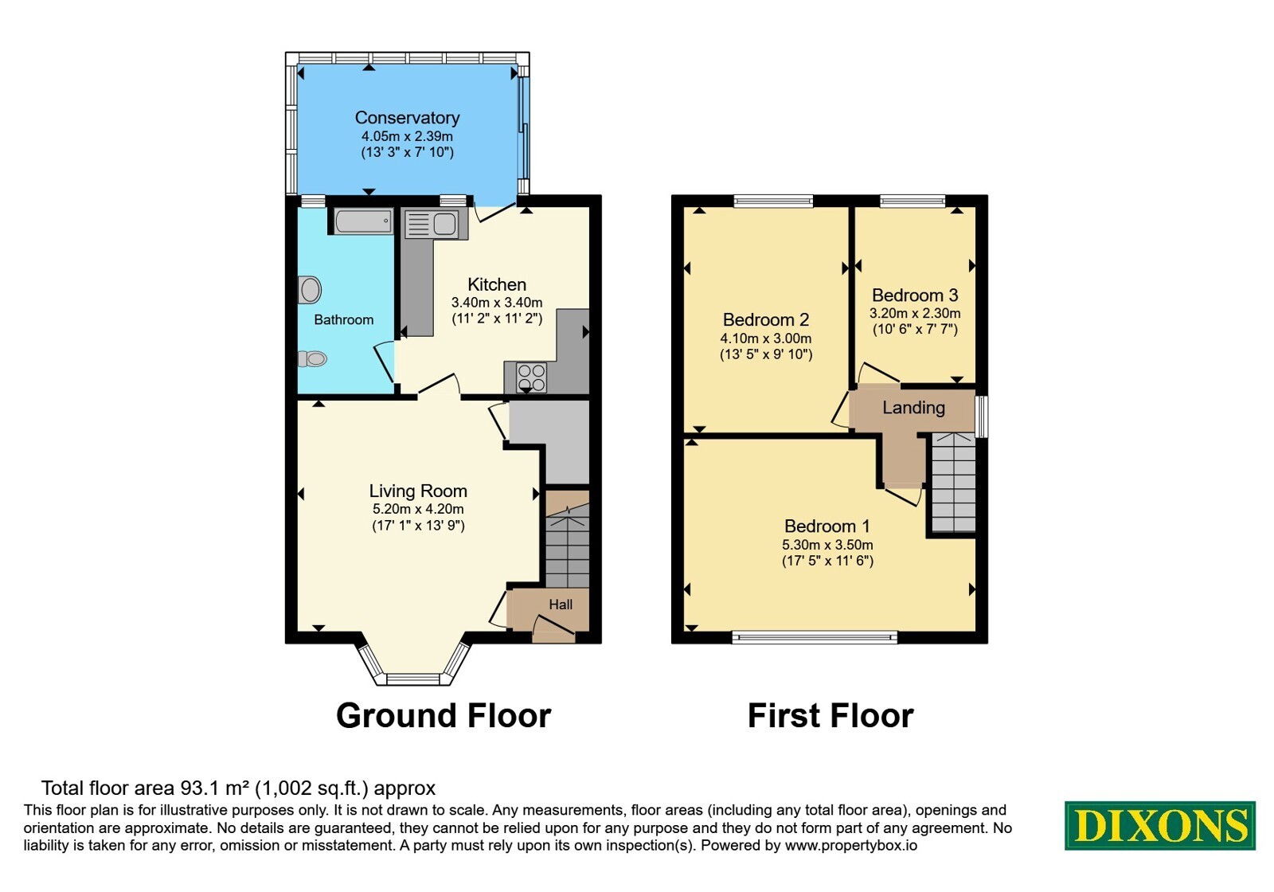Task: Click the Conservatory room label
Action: tap(407, 118)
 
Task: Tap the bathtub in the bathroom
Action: tap(363, 221)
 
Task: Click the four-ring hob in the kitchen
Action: tap(531, 378)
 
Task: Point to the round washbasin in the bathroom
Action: tap(310, 290)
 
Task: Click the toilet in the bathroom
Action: tap(312, 358)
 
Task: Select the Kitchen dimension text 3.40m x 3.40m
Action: tap(497, 303)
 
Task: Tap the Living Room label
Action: tap(418, 491)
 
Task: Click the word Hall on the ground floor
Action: tap(561, 604)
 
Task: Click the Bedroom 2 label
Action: tap(765, 319)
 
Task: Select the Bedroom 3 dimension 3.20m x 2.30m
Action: tap(915, 313)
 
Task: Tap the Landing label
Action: tap(913, 407)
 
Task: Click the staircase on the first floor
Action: tap(954, 483)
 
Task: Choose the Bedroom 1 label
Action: tap(827, 526)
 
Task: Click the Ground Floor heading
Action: tap(444, 715)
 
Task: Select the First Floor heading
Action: tap(830, 715)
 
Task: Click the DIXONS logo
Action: tap(1159, 826)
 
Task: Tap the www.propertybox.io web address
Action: tap(851, 845)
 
